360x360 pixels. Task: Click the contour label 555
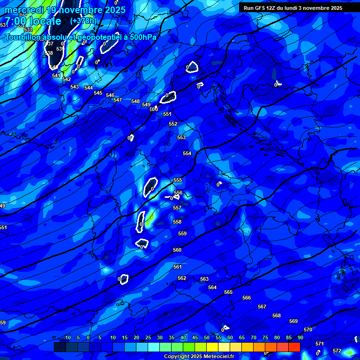coord(178,180)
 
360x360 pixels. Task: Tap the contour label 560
coord(177,250)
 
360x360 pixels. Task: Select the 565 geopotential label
coord(228,292)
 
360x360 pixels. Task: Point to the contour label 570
coord(308,330)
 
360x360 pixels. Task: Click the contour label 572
coord(337,351)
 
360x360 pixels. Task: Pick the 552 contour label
coord(173,124)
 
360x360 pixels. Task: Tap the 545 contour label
coord(98,93)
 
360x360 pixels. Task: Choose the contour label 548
coord(135,102)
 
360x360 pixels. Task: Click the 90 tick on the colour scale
coord(300,338)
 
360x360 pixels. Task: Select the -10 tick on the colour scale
coord(67,338)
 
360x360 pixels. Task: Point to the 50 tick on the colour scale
coord(206,338)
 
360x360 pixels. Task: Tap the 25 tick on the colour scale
coord(148,338)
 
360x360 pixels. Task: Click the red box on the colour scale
coord(294,347)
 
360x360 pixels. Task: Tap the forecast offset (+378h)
coord(83,21)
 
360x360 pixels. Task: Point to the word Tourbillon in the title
coord(23,37)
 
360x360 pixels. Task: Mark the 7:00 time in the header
coord(14,22)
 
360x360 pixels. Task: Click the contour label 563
coord(204,279)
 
